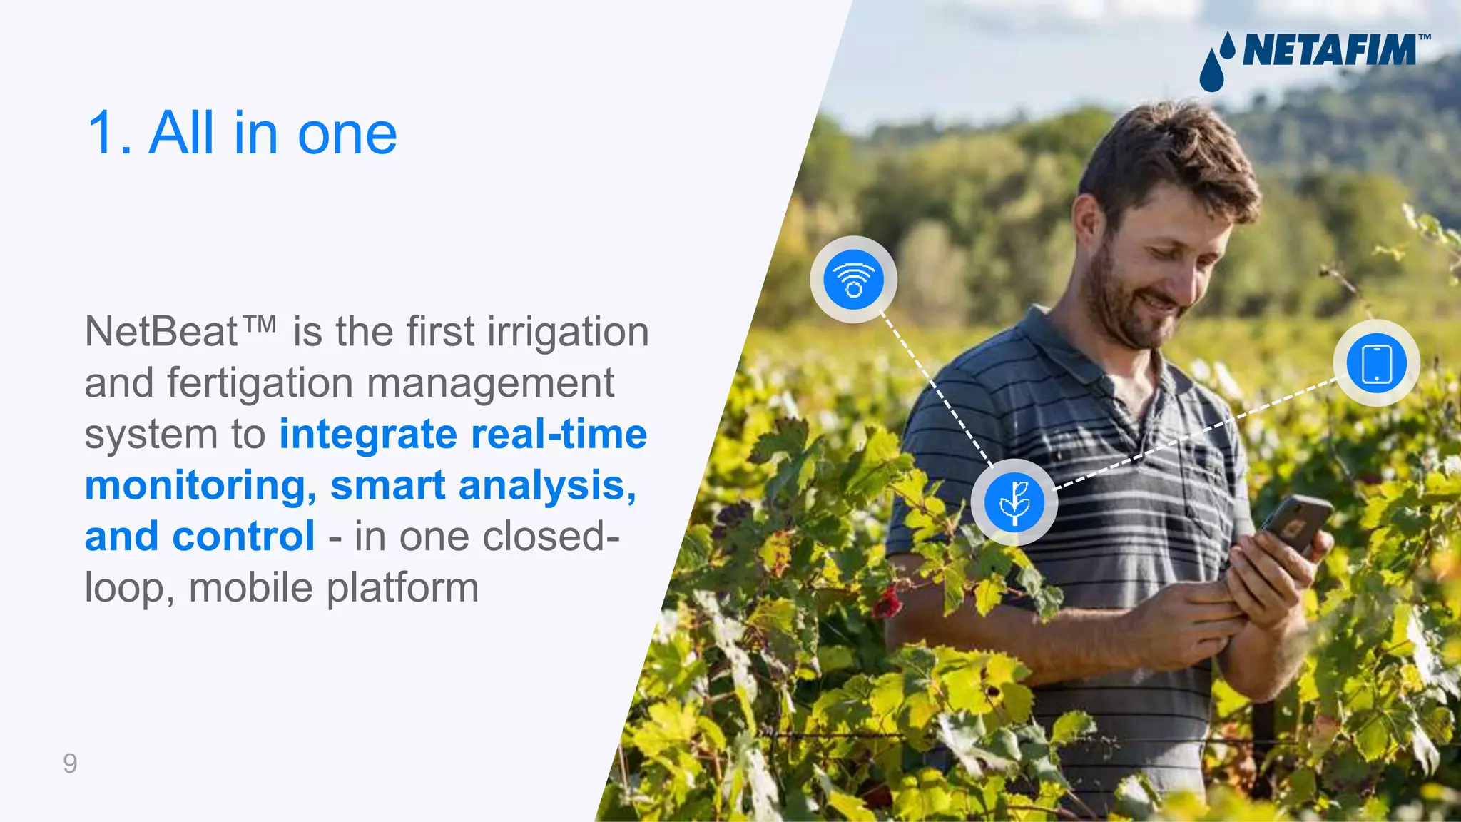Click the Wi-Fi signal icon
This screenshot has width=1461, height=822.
853,280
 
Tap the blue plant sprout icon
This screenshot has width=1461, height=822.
1014,502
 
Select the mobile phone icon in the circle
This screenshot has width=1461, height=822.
1376,363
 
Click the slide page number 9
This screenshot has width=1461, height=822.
70,763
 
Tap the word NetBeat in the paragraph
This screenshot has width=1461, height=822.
161,332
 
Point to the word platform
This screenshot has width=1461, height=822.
403,588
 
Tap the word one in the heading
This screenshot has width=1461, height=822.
347,133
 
